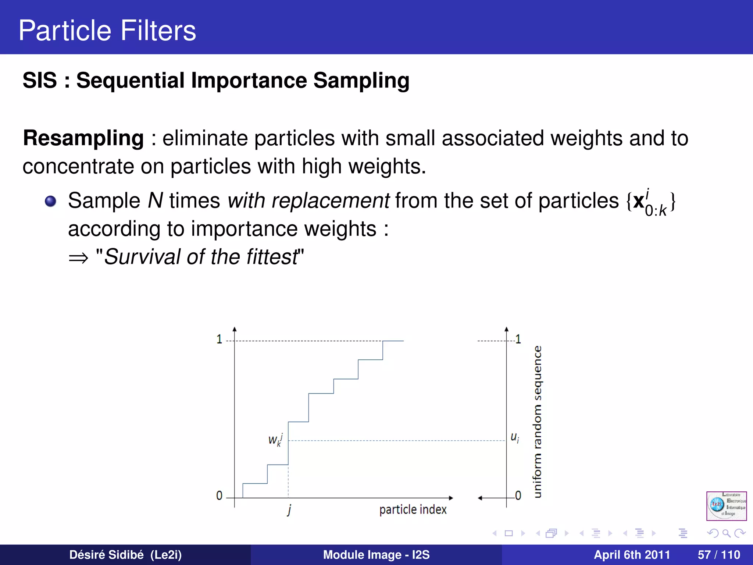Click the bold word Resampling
click(83, 138)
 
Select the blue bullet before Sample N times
click(50, 201)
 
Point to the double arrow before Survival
click(78, 258)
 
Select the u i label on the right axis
click(515, 437)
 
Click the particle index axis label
click(413, 509)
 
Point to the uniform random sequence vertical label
click(537, 422)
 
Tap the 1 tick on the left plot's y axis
click(220, 339)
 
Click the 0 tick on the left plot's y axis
click(219, 495)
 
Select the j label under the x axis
click(289, 510)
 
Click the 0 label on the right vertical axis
click(518, 495)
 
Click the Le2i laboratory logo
click(726, 506)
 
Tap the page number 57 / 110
click(719, 555)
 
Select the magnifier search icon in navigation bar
click(726, 533)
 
